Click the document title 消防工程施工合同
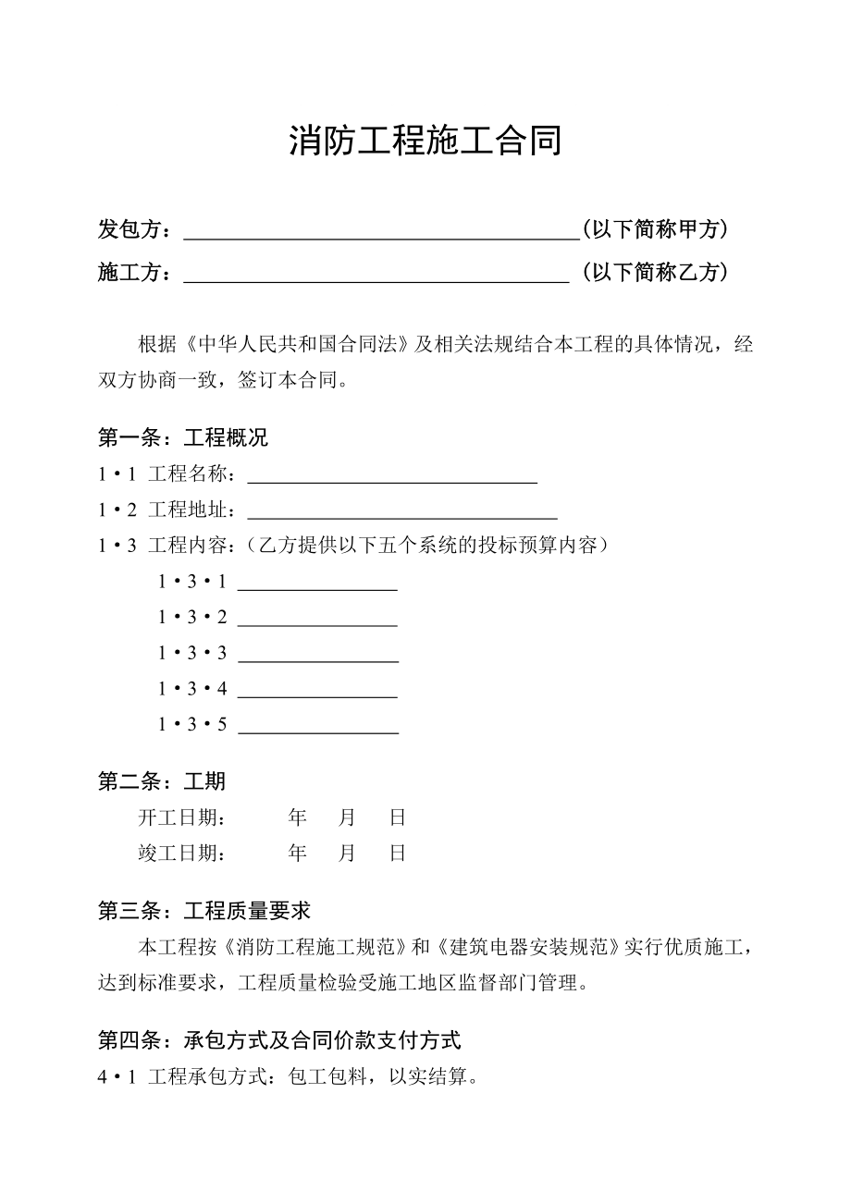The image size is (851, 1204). tap(425, 141)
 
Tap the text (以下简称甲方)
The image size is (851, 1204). tap(656, 229)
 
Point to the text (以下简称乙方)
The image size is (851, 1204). tap(656, 272)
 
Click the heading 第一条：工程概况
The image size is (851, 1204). tap(183, 437)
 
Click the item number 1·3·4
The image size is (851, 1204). tap(192, 689)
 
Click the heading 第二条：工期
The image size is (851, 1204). tap(162, 781)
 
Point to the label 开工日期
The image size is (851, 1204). tap(182, 817)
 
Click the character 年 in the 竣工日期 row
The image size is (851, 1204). tap(297, 853)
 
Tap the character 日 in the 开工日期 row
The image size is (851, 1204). tap(398, 817)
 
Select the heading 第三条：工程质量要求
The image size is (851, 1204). tap(204, 911)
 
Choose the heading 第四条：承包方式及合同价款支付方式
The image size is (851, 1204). tap(279, 1040)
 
